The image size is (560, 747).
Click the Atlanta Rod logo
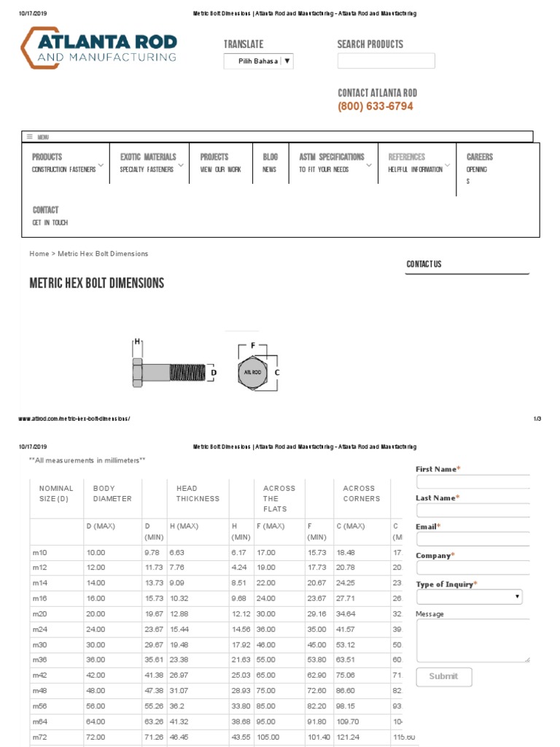coord(98,48)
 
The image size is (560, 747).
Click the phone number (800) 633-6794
coord(375,107)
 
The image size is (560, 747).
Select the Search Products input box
coord(386,61)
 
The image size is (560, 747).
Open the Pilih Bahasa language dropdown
coord(258,61)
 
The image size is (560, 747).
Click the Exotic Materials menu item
coord(148,157)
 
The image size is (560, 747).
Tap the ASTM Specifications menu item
coord(331,157)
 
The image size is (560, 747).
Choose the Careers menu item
coord(479,157)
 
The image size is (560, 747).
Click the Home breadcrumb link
coord(39,254)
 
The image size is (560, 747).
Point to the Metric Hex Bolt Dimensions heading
coord(97,283)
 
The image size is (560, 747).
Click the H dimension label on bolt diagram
coord(136,341)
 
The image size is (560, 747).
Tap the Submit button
coord(443,676)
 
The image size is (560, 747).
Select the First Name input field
coord(472,482)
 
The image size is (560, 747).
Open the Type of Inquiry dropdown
coord(470,597)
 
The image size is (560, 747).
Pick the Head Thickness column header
coord(197,494)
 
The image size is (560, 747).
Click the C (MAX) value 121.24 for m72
coord(348,738)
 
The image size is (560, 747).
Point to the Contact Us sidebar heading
coord(424,264)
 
